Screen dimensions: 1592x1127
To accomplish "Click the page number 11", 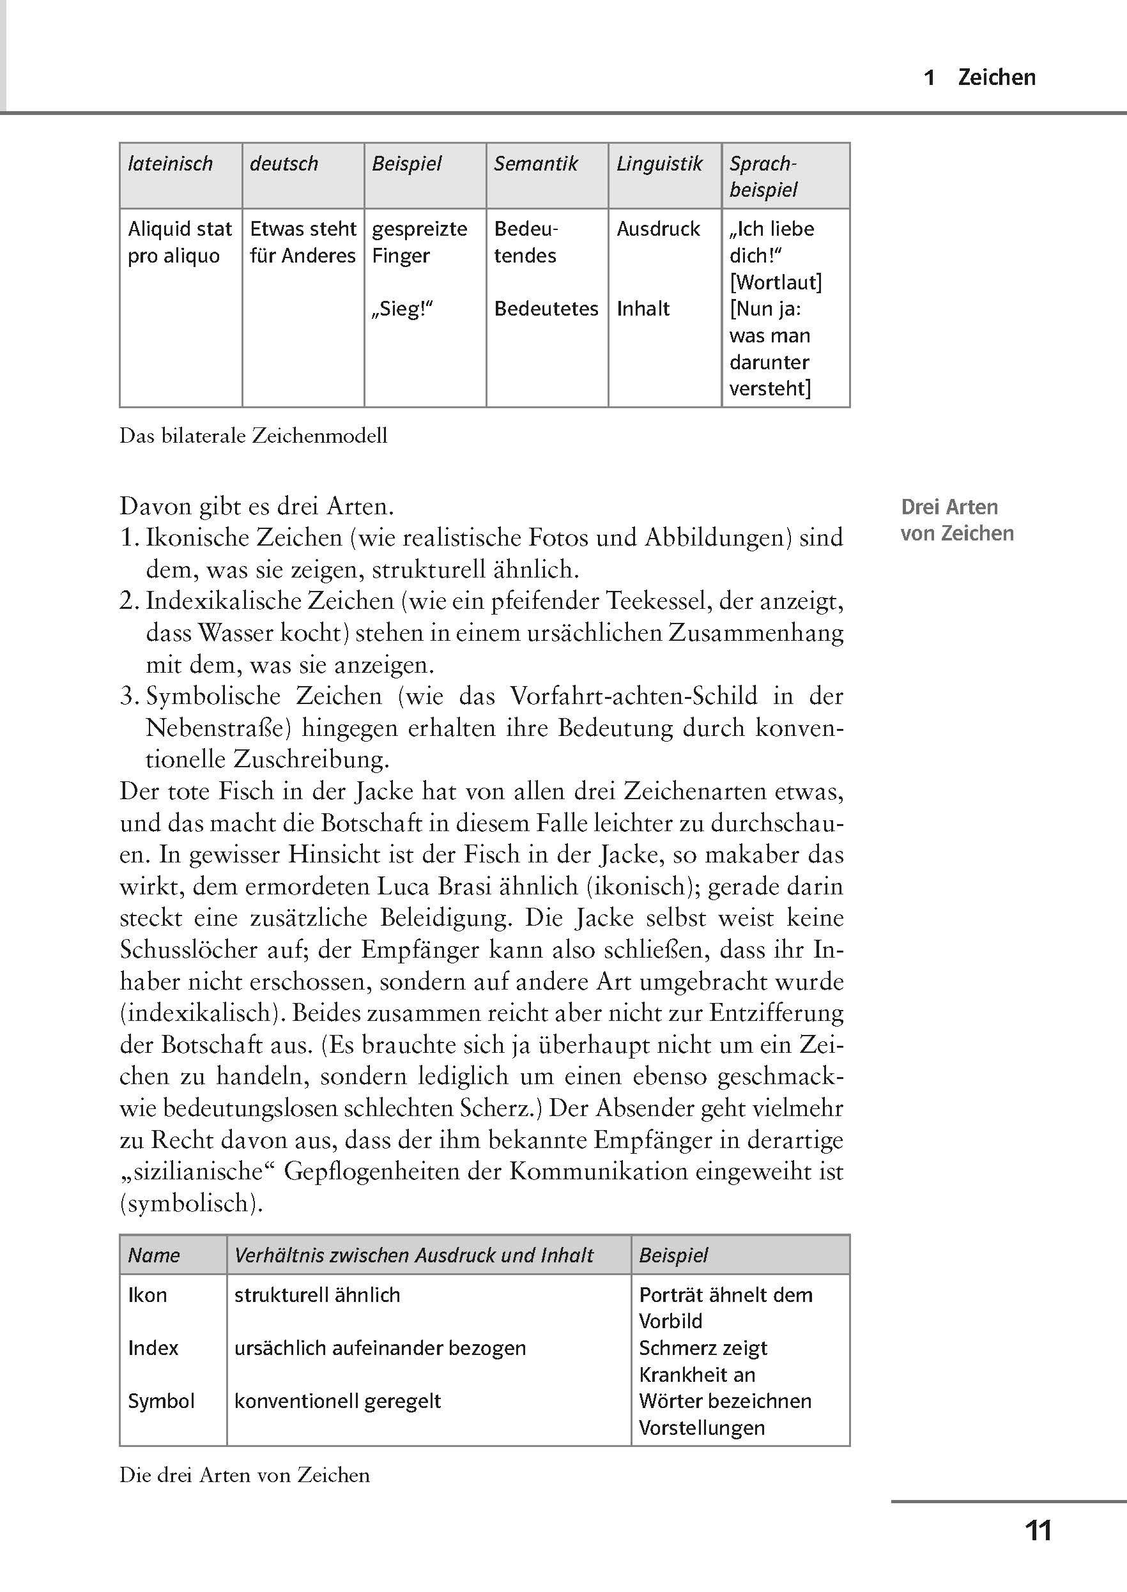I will click(1038, 1530).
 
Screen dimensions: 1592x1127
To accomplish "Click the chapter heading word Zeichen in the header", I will click(997, 77).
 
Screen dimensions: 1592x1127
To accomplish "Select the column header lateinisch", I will click(170, 164).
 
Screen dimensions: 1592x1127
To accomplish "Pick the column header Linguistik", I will click(659, 164).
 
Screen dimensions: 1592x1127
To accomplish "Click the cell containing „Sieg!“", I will click(402, 309).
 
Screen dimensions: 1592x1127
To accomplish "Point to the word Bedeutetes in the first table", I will click(546, 309).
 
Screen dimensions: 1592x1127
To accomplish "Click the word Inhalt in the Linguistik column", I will click(643, 309).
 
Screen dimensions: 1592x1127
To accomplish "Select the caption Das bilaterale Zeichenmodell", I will click(253, 436).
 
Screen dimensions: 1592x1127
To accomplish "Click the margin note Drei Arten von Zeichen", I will click(956, 520).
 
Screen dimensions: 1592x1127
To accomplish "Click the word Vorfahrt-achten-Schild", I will click(634, 696).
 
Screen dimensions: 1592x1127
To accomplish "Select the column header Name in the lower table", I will click(153, 1255).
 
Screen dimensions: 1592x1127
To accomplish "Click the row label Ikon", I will click(147, 1295).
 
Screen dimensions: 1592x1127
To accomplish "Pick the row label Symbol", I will click(161, 1400).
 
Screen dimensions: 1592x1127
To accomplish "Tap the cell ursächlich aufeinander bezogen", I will click(379, 1348).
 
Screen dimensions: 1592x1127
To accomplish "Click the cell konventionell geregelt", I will click(337, 1400).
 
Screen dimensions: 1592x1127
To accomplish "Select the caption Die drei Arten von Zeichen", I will click(244, 1474).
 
